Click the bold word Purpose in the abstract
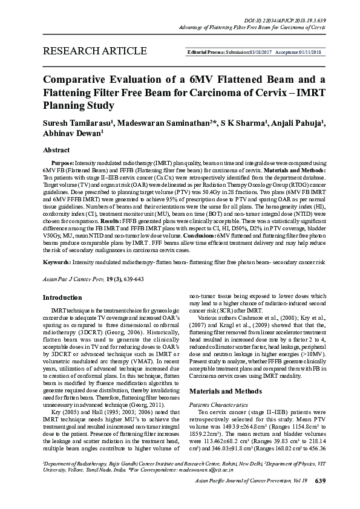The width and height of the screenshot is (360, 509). pos(62,164)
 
